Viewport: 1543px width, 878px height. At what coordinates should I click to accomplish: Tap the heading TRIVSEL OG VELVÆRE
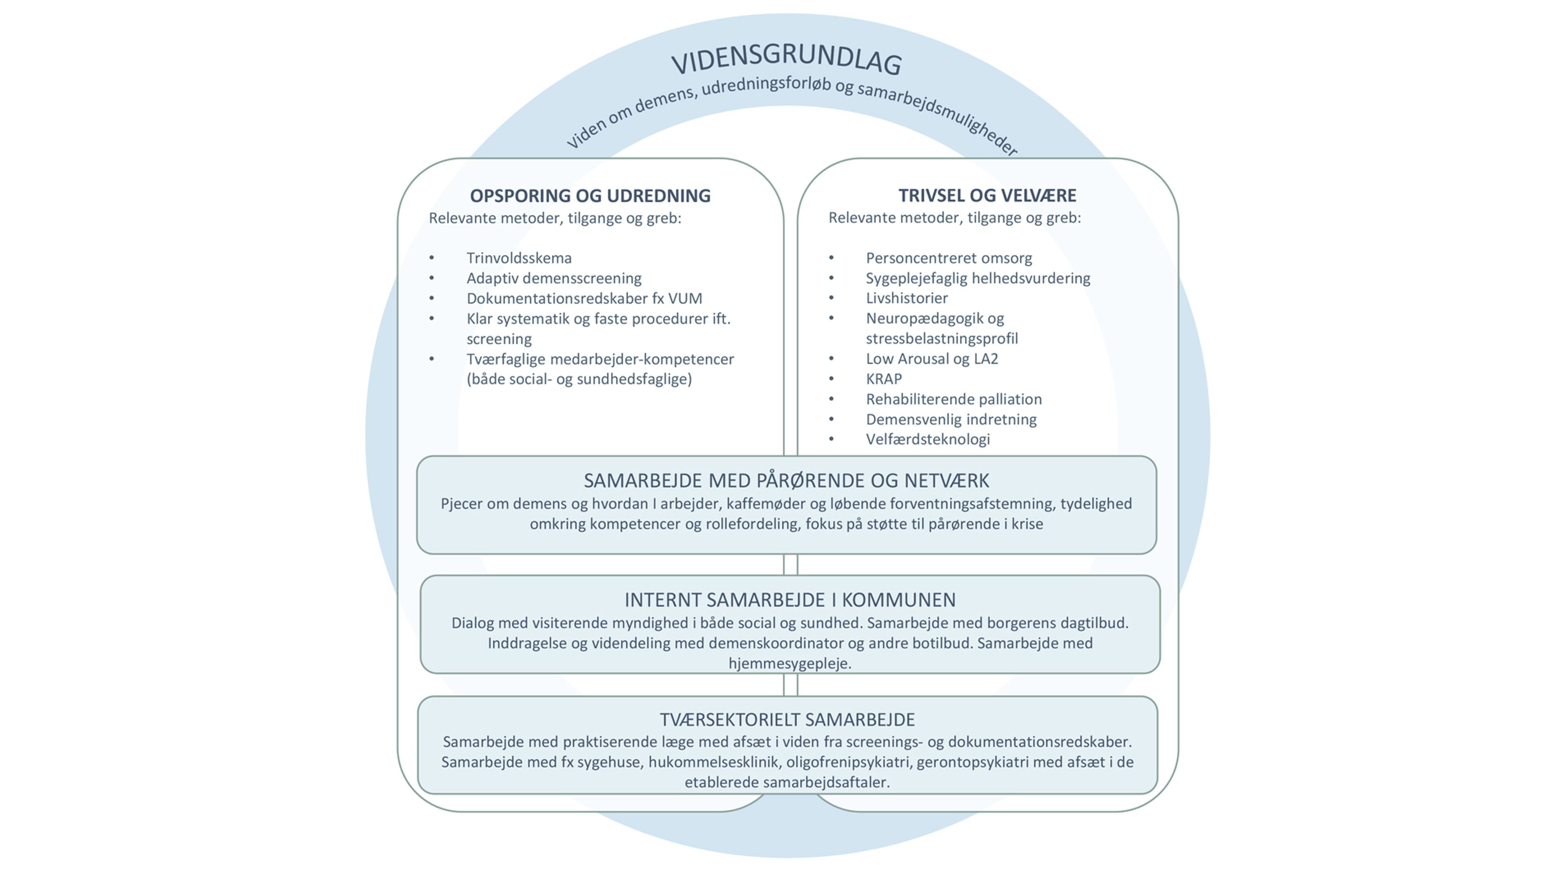tap(987, 195)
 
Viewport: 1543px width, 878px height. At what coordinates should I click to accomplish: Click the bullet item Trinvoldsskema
tap(519, 258)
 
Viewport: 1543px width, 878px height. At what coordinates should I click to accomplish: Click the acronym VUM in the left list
tap(685, 298)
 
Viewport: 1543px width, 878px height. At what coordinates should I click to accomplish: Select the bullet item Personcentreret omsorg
tap(948, 258)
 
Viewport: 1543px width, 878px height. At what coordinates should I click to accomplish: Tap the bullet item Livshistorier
tap(907, 298)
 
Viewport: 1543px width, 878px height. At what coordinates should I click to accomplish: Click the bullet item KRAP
tap(884, 379)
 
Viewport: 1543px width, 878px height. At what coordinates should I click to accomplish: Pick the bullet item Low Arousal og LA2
tap(931, 359)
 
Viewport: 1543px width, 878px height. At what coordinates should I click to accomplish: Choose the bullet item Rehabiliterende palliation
tap(953, 399)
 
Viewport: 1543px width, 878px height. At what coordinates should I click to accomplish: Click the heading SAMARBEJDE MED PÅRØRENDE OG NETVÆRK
tap(786, 481)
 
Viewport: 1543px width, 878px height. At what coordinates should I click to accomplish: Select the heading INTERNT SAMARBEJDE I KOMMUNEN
tap(790, 600)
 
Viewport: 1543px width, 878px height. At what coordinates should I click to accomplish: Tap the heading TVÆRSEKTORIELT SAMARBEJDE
tap(787, 719)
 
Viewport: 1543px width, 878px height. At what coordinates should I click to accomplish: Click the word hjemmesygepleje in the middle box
tap(789, 664)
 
